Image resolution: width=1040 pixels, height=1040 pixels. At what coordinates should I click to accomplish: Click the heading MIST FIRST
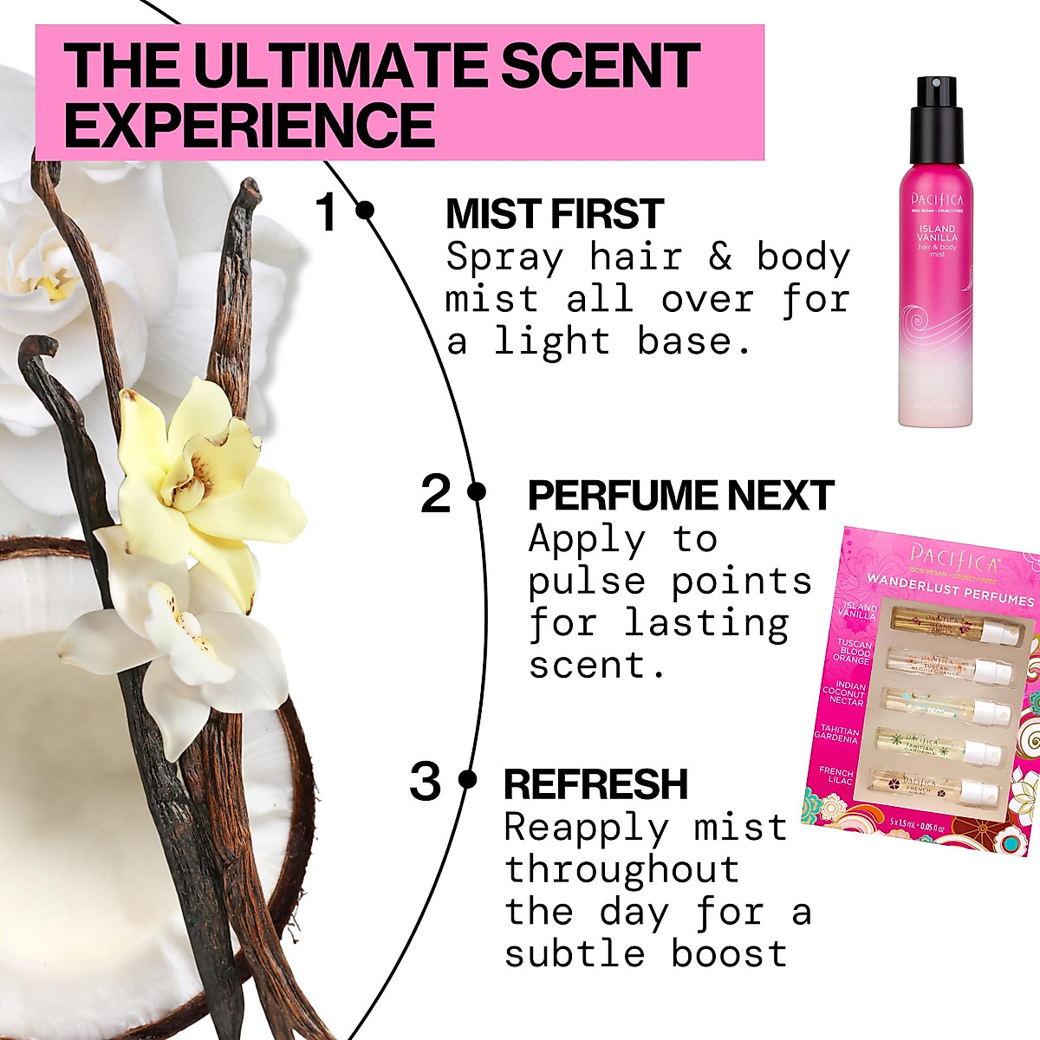554,214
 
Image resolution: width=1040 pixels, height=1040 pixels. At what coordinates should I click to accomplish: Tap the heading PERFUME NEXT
680,496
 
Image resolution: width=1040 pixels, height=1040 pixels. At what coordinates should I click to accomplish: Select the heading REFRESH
595,784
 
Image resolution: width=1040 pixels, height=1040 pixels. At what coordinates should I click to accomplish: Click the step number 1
326,213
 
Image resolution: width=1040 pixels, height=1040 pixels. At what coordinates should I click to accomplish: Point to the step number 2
436,495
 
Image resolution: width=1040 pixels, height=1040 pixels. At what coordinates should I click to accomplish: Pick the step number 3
425,783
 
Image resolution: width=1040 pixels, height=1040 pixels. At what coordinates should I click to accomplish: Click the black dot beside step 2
476,491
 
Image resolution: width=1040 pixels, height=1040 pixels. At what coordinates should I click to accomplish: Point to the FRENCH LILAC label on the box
837,776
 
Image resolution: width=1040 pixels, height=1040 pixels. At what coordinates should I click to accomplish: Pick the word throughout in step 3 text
621,869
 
